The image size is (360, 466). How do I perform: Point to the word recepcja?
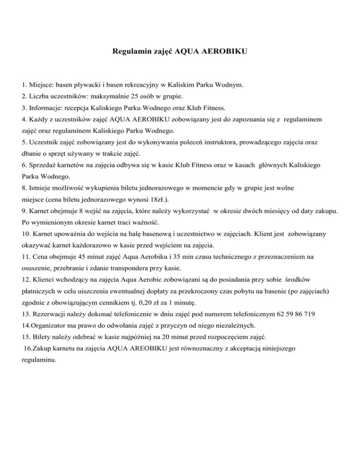(70, 108)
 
